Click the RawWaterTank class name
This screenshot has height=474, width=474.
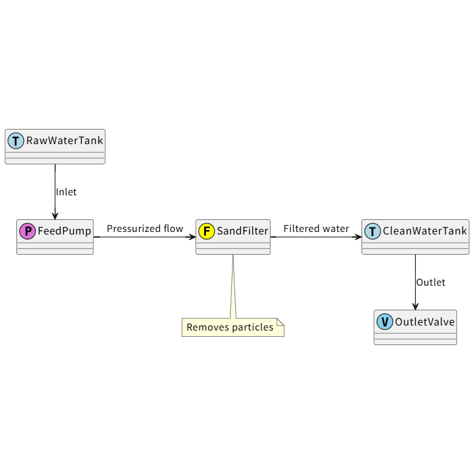[64, 140]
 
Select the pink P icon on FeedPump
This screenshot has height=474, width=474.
[28, 231]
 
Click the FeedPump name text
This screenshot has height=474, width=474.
[64, 231]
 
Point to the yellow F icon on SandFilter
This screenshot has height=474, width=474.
[207, 231]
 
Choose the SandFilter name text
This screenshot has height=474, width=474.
[242, 231]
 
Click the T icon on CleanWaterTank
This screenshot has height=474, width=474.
[373, 231]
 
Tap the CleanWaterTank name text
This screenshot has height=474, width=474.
[425, 231]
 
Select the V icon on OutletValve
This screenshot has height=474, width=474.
[385, 322]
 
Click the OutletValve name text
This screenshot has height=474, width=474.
[425, 322]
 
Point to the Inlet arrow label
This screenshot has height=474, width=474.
[66, 192]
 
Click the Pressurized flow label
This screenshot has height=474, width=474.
[145, 229]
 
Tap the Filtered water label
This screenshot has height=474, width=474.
[316, 229]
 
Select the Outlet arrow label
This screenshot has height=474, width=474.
[430, 283]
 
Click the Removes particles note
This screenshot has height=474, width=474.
[230, 327]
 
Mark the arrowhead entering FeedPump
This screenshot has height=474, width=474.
[55, 216]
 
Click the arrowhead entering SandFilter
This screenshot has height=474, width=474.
[192, 237]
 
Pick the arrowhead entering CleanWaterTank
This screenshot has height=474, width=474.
[358, 237]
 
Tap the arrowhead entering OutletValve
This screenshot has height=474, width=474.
[415, 306]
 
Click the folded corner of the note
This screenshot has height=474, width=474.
[281, 322]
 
